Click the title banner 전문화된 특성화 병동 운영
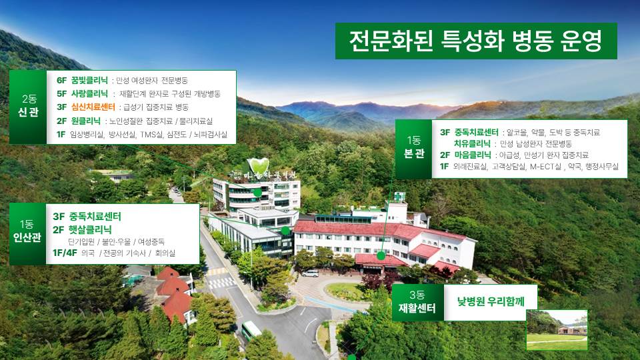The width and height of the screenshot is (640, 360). click(x=476, y=41)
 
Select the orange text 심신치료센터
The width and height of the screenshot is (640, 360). click(x=93, y=107)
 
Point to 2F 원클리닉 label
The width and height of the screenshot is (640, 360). click(x=79, y=121)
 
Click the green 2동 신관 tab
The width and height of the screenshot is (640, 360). click(x=28, y=107)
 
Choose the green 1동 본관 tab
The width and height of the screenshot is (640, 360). click(x=413, y=149)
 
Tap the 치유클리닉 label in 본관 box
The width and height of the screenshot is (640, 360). click(x=472, y=144)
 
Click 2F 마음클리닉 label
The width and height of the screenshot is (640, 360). click(x=465, y=155)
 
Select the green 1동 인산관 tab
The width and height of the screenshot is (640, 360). click(x=27, y=234)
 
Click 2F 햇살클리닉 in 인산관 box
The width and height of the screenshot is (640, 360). click(x=82, y=229)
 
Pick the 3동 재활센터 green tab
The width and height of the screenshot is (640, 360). click(x=417, y=303)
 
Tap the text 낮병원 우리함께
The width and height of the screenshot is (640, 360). click(x=491, y=301)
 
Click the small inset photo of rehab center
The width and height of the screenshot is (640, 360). click(x=557, y=330)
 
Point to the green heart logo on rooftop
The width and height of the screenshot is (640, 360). click(x=259, y=166)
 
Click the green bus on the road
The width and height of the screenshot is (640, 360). click(x=251, y=330)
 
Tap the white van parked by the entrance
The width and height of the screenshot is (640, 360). click(x=310, y=273)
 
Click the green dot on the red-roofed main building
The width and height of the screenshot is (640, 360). click(x=381, y=256)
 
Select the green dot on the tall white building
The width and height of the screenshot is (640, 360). click(x=257, y=192)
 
